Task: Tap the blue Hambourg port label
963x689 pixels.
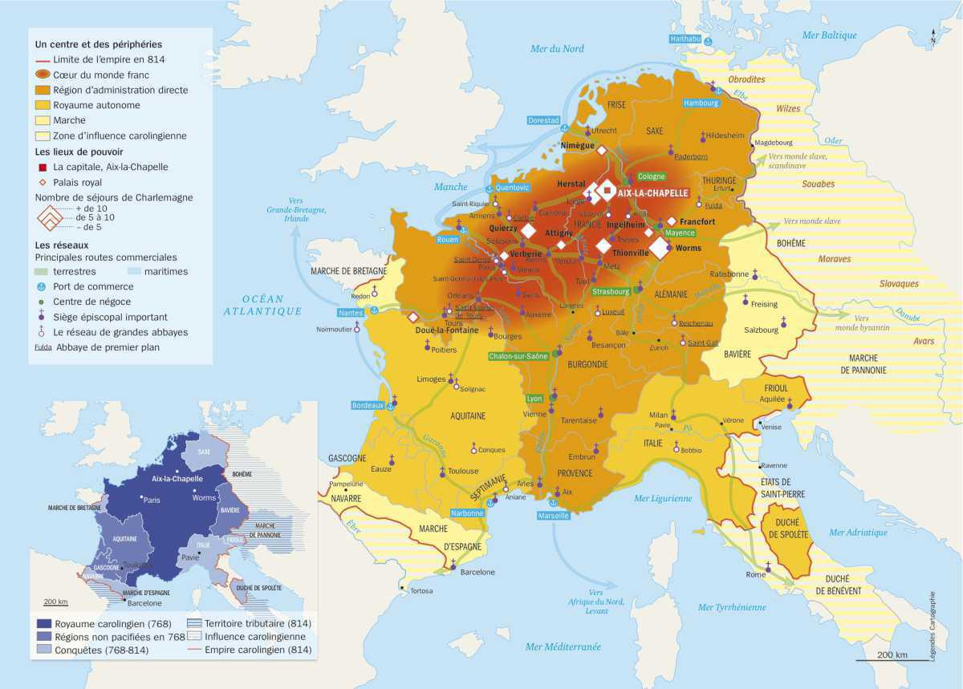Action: [701, 103]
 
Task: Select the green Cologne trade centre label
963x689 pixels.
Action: [652, 176]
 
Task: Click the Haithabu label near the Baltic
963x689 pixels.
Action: [685, 39]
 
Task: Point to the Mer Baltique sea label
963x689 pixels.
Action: [829, 35]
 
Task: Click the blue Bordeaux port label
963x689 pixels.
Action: [368, 405]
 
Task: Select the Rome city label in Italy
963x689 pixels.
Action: [756, 574]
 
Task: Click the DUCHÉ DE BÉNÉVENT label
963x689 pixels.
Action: [839, 584]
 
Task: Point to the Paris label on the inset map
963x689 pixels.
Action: [152, 499]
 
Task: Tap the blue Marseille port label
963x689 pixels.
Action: [553, 516]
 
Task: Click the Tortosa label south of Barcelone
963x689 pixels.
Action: [421, 590]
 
